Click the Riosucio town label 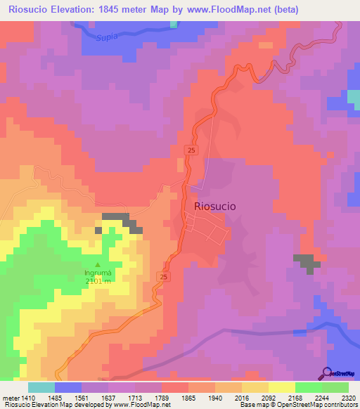(x=214, y=206)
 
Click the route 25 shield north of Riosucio (x=191, y=150)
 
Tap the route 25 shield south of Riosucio (x=164, y=278)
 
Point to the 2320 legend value (x=347, y=397)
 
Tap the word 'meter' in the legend (x=11, y=397)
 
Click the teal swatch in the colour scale (x=41, y=387)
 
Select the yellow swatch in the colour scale (x=282, y=387)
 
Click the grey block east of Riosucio (x=306, y=261)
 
